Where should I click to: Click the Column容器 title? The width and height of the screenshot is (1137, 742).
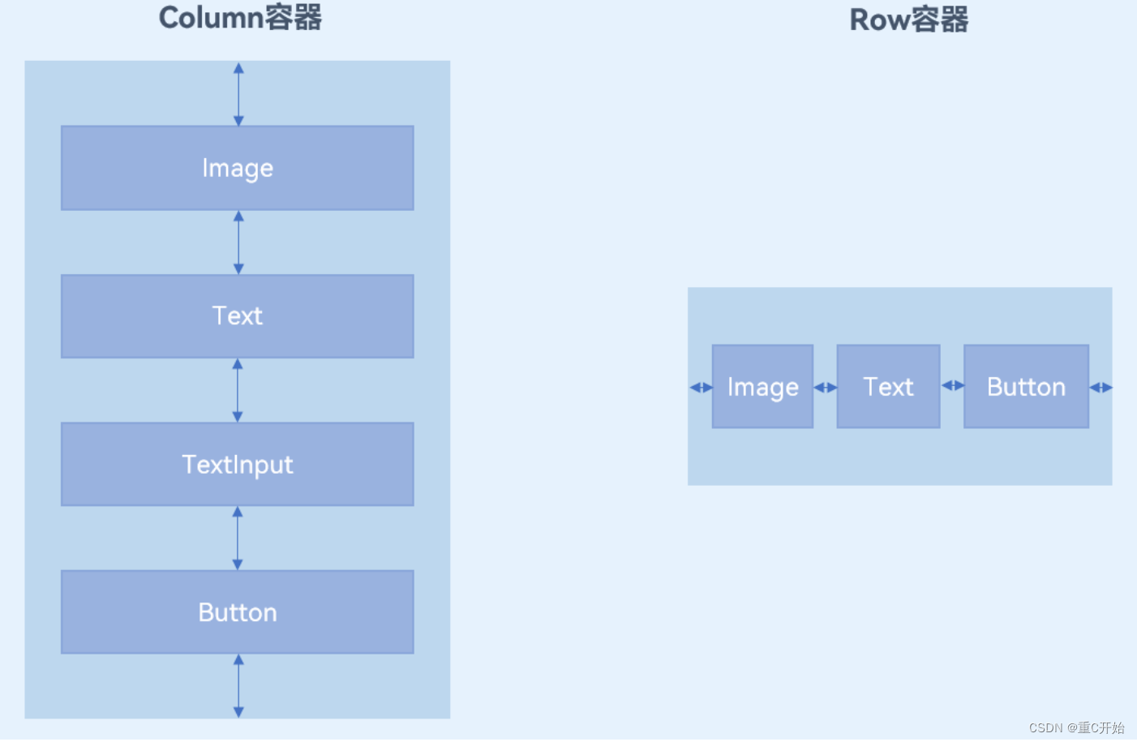240,18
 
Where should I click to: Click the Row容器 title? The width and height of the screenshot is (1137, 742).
908,19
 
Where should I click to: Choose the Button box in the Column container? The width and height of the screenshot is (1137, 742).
237,612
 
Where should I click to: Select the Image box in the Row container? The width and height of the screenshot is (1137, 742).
762,387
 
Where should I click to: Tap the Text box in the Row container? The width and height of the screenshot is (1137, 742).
888,387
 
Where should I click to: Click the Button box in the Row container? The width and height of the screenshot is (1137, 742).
1026,387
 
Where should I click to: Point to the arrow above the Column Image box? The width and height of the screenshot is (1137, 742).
238,94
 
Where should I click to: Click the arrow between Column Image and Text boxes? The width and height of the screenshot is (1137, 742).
238,242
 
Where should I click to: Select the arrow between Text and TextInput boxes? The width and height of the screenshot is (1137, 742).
238,390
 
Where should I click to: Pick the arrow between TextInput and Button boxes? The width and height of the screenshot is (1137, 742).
238,538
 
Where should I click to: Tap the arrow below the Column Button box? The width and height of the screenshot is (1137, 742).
238,686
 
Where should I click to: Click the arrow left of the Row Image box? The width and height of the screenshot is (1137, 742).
701,388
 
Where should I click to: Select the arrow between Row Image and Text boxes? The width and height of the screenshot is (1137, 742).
825,388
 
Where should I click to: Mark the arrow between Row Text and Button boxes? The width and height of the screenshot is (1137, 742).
952,386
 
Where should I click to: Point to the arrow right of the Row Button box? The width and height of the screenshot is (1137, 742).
1101,388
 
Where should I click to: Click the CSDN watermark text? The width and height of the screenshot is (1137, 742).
1076,727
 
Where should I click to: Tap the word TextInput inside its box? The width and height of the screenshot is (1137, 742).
237,465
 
